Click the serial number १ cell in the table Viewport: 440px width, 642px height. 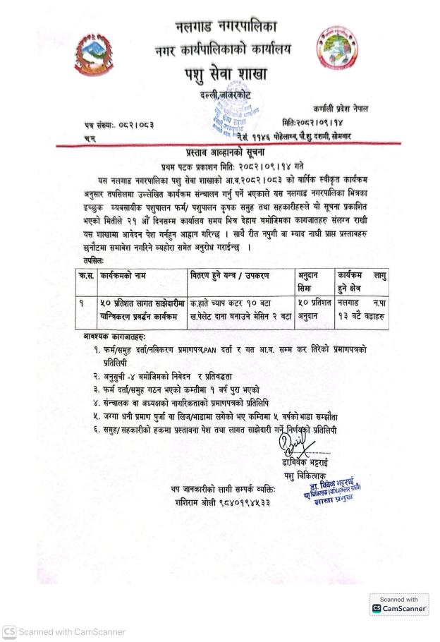tap(84, 301)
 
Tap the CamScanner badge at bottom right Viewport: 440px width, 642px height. tap(399, 605)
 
